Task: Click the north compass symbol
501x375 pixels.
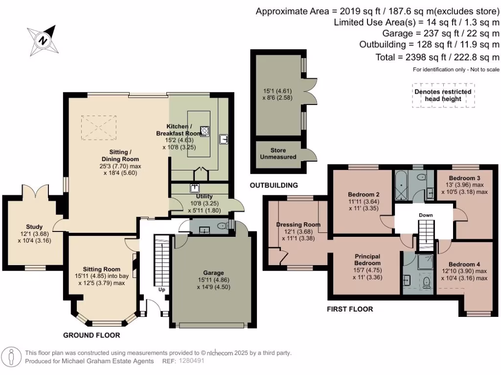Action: (x=43, y=41)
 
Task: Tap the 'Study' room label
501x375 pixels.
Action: (x=34, y=227)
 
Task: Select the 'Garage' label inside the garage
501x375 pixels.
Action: (x=213, y=272)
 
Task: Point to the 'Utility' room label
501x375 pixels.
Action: (x=204, y=196)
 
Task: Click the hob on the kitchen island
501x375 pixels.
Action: (x=205, y=131)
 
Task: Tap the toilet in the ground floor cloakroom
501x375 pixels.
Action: (x=223, y=226)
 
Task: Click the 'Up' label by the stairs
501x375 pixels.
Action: (x=161, y=290)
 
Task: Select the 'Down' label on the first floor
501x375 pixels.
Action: (x=426, y=215)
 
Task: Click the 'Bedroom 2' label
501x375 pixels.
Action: (x=364, y=194)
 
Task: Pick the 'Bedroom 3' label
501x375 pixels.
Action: (x=464, y=178)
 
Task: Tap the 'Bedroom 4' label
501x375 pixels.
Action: (x=464, y=264)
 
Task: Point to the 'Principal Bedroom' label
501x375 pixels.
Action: (x=367, y=260)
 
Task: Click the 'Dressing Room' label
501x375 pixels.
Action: (x=298, y=225)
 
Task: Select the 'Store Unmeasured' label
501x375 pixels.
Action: (x=278, y=153)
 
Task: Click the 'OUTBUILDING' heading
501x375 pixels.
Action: (x=274, y=185)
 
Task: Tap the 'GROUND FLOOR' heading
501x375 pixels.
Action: (x=91, y=335)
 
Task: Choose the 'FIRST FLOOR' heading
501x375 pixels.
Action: (x=350, y=309)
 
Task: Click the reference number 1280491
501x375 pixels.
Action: (x=191, y=361)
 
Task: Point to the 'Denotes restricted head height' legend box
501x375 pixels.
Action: (x=443, y=95)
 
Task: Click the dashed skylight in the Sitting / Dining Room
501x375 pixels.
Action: (x=98, y=127)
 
